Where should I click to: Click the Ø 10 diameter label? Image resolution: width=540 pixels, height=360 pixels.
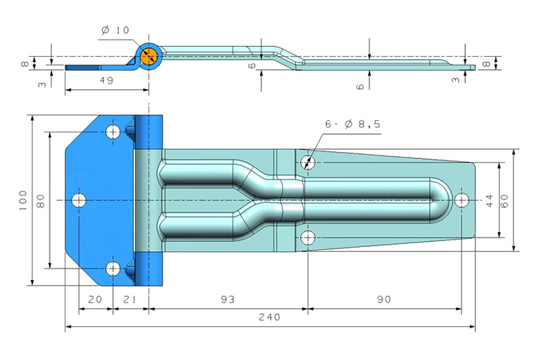pos(115,30)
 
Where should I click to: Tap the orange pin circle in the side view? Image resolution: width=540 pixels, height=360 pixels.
pos(149,57)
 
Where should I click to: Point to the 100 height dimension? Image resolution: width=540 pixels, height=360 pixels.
pos(23,199)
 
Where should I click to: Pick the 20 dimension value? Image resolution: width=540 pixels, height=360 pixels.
pos(95,299)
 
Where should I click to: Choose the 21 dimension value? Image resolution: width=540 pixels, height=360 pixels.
pos(130,299)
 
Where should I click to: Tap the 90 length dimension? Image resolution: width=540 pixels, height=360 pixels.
pos(382,299)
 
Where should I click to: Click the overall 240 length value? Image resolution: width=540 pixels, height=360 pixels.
pos(269,317)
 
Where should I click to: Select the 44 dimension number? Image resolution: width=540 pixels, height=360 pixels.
pos(490,200)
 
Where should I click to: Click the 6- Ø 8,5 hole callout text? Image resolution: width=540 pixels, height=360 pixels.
pos(352,125)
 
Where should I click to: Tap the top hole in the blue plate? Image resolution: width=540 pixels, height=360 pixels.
pos(113,132)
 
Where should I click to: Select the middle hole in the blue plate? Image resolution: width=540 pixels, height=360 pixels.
pos(78,199)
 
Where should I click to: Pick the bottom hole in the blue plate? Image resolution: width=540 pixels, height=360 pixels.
pos(113,269)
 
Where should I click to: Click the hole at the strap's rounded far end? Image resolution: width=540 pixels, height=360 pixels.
pos(462,199)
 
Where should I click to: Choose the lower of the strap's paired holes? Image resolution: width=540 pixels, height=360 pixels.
pos(308,238)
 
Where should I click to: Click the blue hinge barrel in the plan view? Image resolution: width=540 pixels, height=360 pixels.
pos(149,199)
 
